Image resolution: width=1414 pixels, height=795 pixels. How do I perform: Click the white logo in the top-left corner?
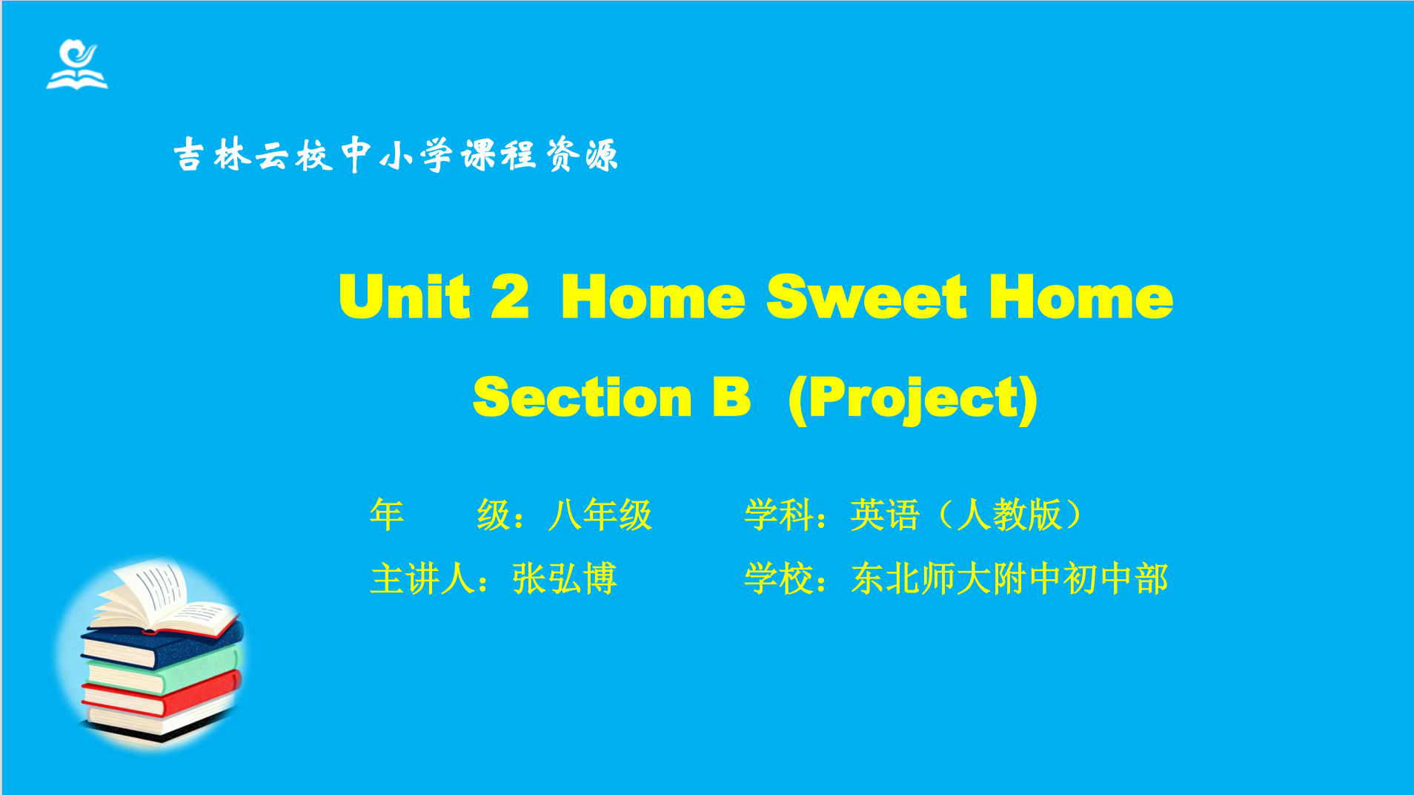click(x=77, y=65)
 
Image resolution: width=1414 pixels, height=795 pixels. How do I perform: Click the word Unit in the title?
click(x=405, y=296)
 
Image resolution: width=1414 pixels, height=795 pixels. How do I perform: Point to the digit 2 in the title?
click(x=510, y=296)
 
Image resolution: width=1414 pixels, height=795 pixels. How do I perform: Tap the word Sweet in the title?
click(x=866, y=296)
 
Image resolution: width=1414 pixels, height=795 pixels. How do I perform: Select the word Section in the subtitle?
click(x=582, y=397)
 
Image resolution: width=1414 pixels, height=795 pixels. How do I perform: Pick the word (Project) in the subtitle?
click(x=913, y=399)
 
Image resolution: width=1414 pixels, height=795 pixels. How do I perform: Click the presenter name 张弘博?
click(x=565, y=578)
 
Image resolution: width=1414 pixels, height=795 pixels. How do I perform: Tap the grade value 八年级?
click(x=600, y=515)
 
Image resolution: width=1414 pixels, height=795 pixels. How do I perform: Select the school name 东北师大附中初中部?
click(x=1009, y=578)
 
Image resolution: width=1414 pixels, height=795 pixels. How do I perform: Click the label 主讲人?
click(x=422, y=578)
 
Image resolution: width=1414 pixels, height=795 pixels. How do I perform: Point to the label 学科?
click(x=779, y=515)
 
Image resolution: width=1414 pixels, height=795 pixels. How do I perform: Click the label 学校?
click(x=779, y=578)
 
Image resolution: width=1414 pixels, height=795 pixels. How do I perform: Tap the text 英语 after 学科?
click(x=885, y=515)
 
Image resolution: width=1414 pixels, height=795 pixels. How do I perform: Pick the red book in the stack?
click(x=161, y=696)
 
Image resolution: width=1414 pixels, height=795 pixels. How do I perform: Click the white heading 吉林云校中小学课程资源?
click(x=396, y=155)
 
